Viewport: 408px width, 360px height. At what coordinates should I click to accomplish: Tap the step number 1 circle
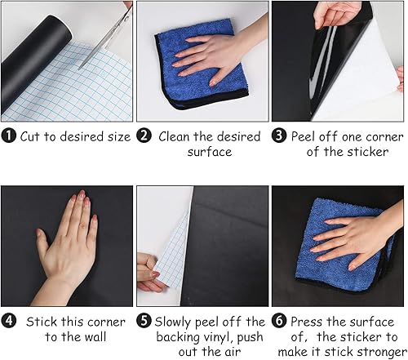pyautogui.click(x=9, y=136)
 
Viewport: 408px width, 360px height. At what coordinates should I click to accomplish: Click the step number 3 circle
pyautogui.click(x=277, y=136)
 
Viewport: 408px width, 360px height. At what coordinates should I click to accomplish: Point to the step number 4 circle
pyautogui.click(x=9, y=322)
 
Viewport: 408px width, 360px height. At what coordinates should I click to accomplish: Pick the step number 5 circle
pyautogui.click(x=144, y=322)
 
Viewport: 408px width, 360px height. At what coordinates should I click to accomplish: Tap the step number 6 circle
pyautogui.click(x=277, y=322)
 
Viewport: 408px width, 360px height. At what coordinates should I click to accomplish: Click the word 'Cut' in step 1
pyautogui.click(x=32, y=136)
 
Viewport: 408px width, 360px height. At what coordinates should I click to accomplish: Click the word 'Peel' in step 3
pyautogui.click(x=306, y=136)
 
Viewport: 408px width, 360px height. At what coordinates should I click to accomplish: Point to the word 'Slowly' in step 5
pyautogui.click(x=175, y=322)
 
